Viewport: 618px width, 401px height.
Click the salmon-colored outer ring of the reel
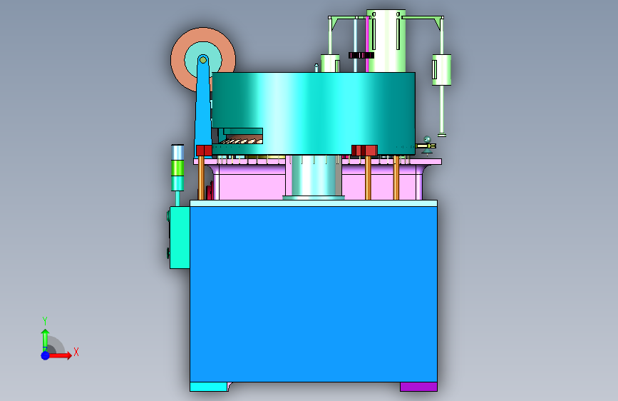(x=178, y=59)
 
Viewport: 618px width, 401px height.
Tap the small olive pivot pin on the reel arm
(x=203, y=60)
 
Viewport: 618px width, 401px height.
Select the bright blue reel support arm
(x=203, y=106)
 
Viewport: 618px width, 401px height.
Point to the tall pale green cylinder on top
(x=386, y=41)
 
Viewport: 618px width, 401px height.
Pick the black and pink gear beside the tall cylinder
(x=361, y=55)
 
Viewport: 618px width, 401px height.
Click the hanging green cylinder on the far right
(x=441, y=70)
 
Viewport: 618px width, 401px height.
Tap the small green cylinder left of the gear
(x=330, y=64)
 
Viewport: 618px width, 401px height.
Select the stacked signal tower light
(x=177, y=168)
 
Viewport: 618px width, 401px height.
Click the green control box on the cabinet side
(x=180, y=238)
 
